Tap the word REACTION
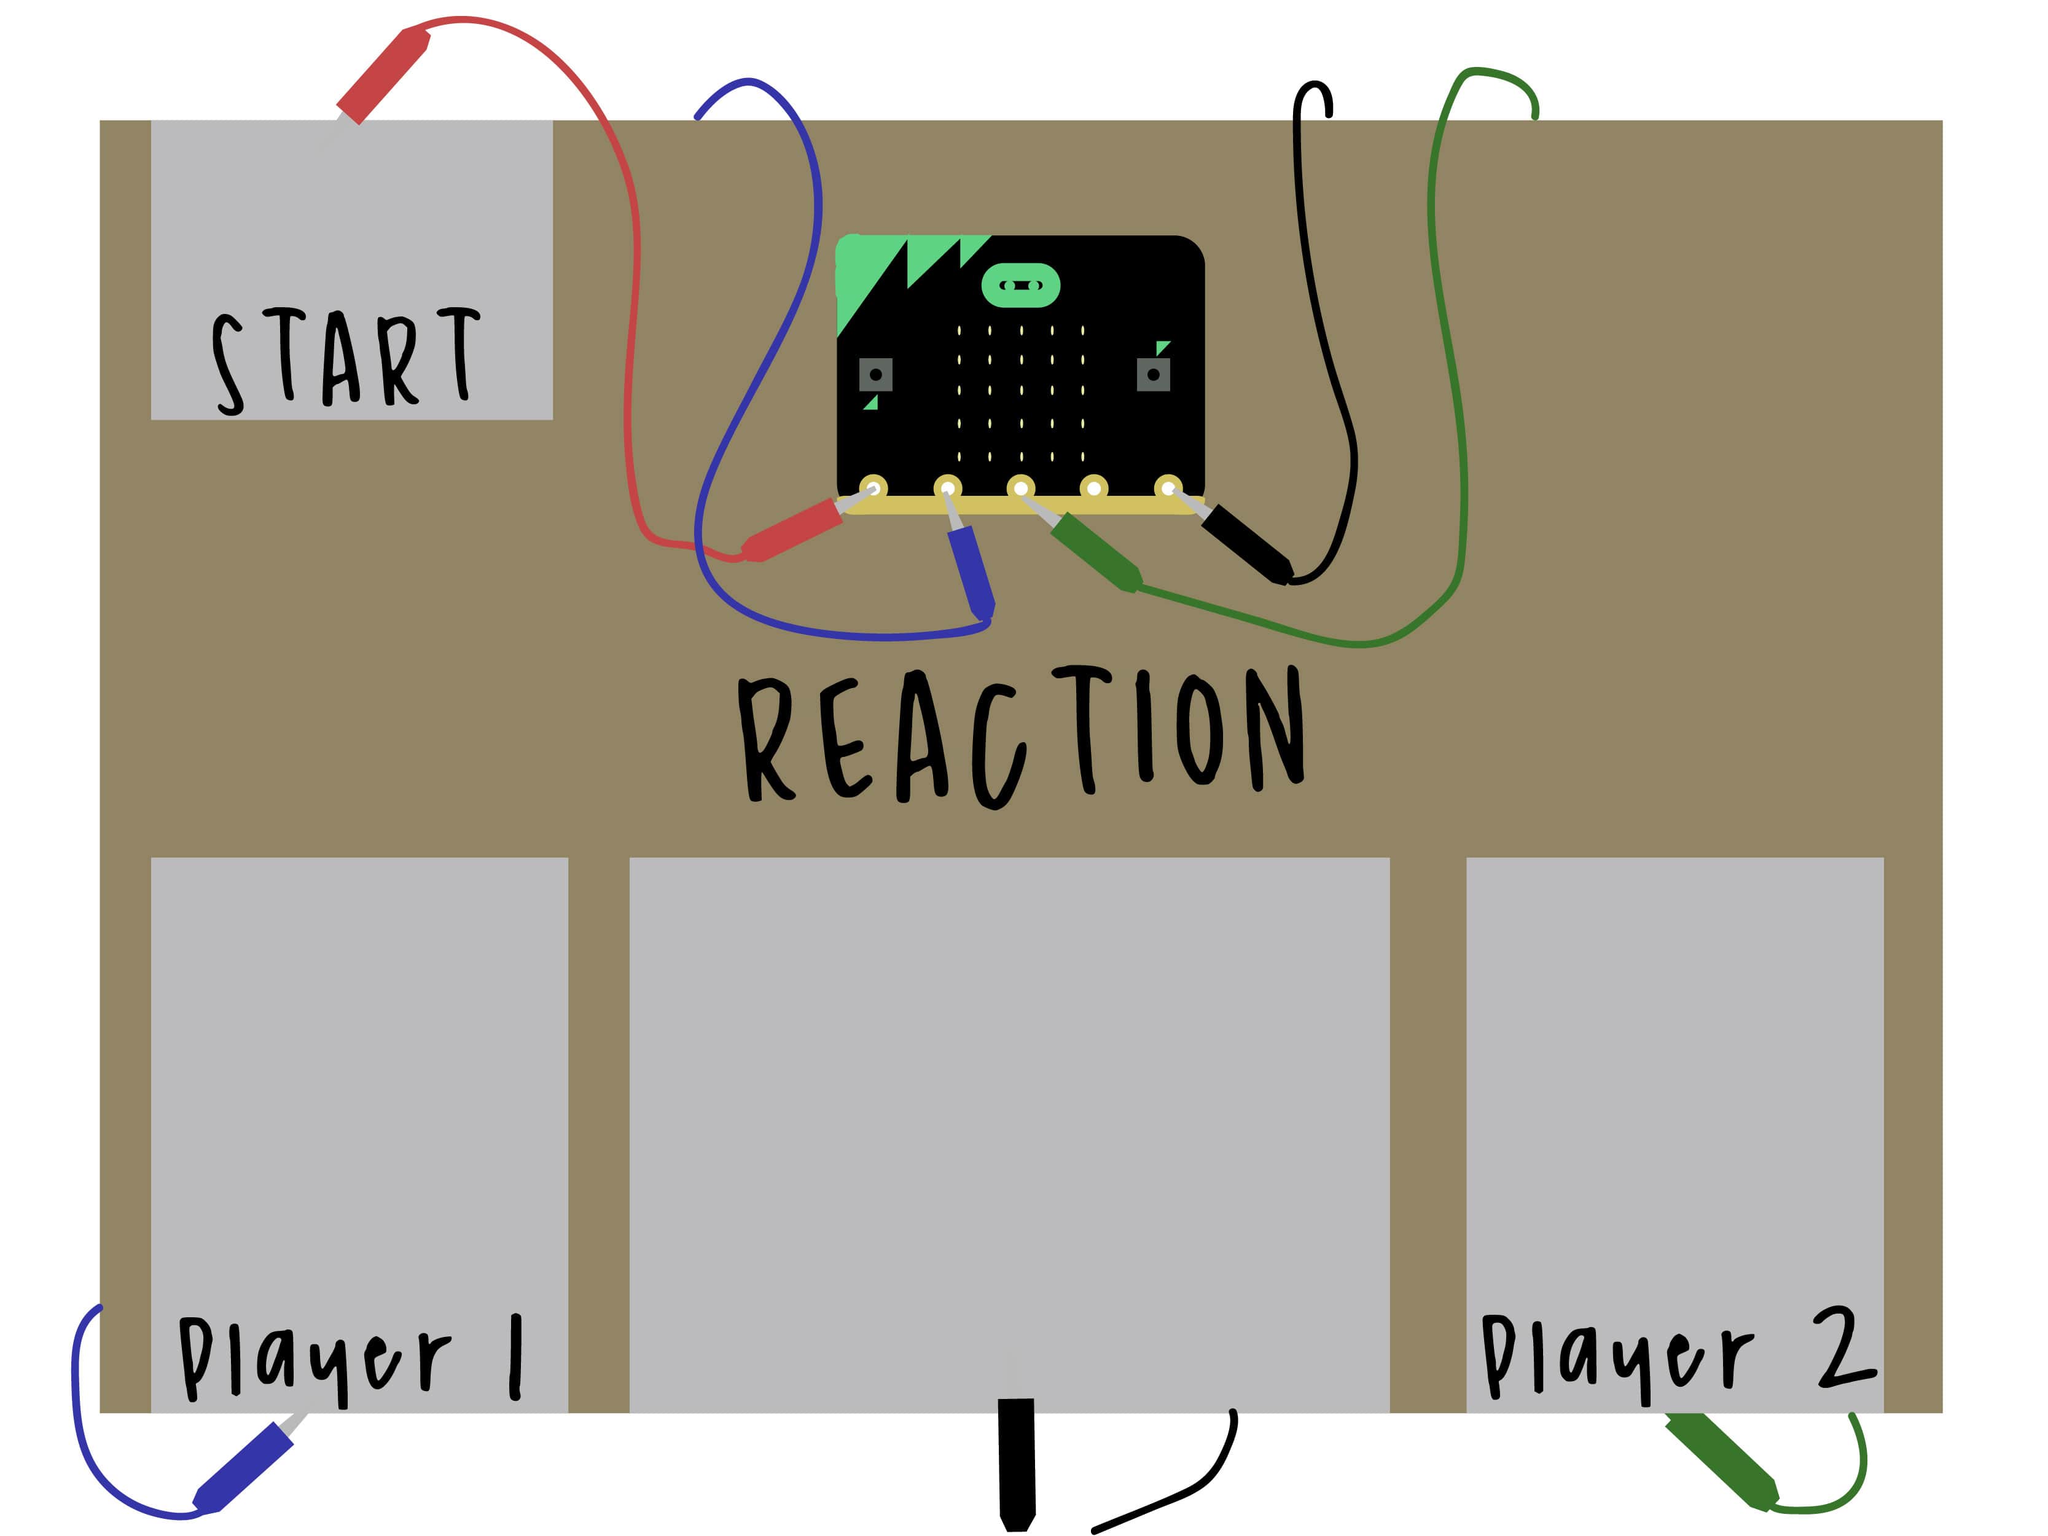click(x=1020, y=736)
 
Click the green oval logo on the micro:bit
click(x=1020, y=285)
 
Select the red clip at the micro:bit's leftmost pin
click(x=792, y=530)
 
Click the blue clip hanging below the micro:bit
click(x=971, y=571)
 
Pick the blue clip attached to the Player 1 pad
click(x=243, y=1467)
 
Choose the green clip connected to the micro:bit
click(x=1095, y=552)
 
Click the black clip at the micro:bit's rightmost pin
click(x=1245, y=544)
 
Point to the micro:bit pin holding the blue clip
click(x=947, y=487)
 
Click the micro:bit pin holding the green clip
click(x=1020, y=487)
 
